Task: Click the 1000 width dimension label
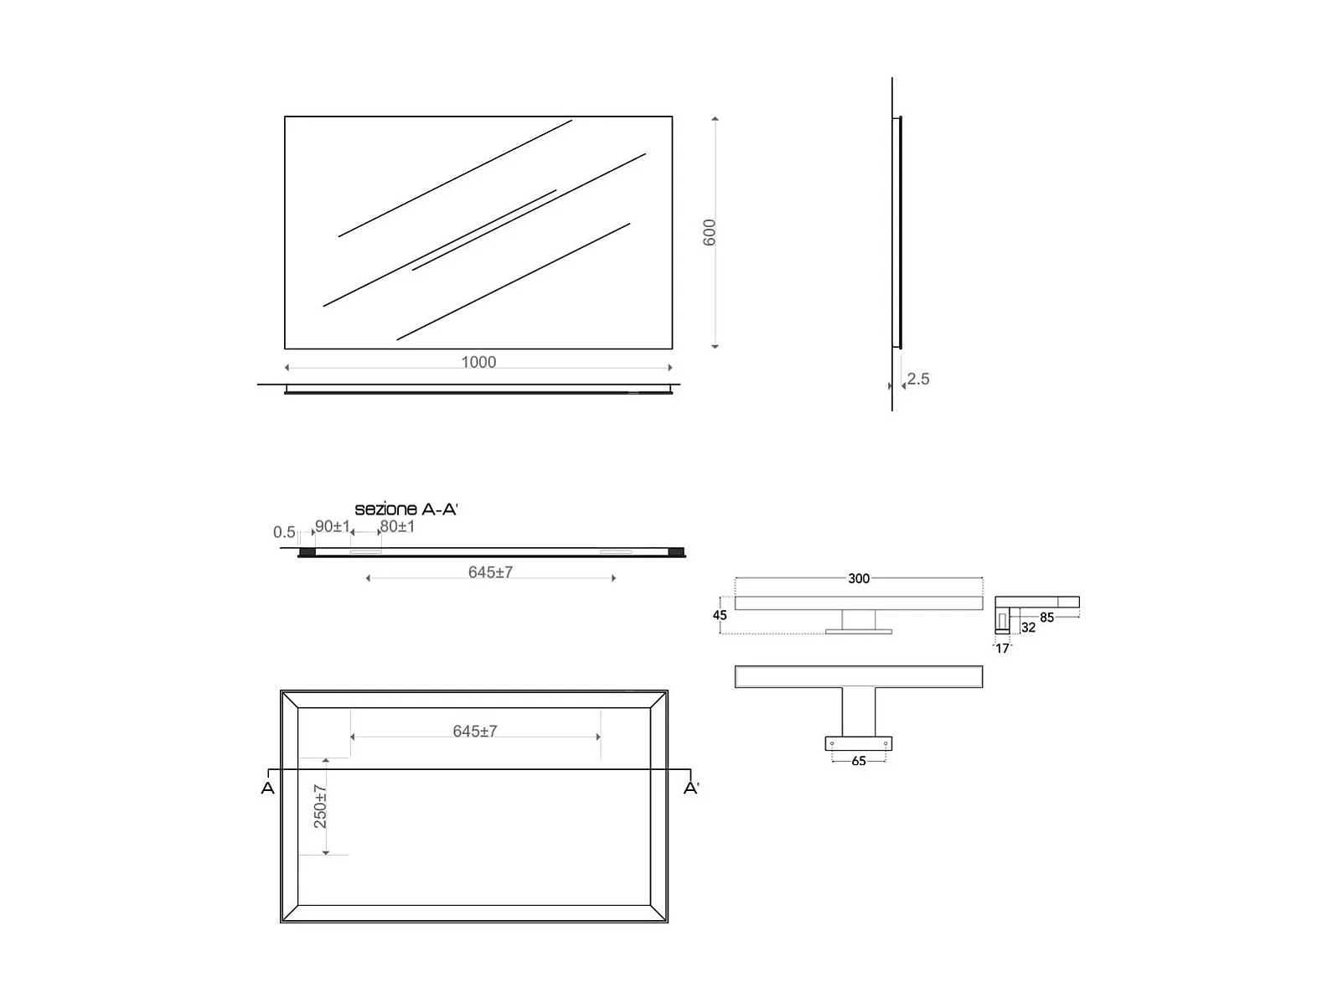point(478,362)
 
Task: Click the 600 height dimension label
point(710,232)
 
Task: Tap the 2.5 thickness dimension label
point(918,379)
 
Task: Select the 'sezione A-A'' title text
point(406,509)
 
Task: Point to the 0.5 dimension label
point(284,532)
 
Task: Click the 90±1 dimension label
point(333,526)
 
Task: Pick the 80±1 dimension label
point(397,526)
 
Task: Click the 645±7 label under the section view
point(490,572)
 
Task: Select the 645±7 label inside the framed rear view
point(475,732)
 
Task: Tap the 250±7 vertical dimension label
point(321,806)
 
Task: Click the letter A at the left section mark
point(267,788)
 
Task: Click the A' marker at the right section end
point(691,788)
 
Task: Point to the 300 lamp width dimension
point(859,578)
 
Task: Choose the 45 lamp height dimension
point(720,615)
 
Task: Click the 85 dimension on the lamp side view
point(1046,618)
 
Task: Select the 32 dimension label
point(1028,628)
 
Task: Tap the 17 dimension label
point(1002,648)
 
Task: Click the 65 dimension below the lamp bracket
point(859,761)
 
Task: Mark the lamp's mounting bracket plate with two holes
point(859,743)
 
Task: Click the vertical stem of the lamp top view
point(859,712)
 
